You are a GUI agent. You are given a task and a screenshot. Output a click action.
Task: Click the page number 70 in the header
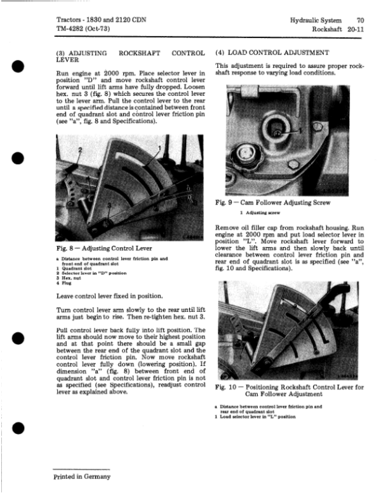[360, 20]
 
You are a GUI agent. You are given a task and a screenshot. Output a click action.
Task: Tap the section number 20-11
[356, 29]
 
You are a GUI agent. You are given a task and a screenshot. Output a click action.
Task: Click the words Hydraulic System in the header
[316, 20]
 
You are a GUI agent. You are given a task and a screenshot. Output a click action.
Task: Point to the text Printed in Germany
[82, 476]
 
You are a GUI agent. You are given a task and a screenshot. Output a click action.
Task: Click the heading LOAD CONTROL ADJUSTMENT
[278, 53]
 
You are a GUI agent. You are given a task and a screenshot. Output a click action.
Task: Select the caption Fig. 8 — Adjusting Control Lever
[104, 248]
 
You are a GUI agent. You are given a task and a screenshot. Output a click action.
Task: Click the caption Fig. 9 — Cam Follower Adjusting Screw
[273, 203]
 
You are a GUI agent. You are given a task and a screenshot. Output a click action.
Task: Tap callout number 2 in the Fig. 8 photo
[80, 150]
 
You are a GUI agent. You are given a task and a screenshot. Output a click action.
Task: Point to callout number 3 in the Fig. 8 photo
[109, 205]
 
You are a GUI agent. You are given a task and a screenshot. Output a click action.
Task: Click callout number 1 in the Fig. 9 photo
[300, 130]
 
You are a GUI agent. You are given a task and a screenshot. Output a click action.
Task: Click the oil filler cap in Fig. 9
[245, 154]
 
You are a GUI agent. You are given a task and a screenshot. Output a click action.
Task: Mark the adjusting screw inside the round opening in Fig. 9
[277, 132]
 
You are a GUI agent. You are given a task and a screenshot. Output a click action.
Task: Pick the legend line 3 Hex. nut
[69, 278]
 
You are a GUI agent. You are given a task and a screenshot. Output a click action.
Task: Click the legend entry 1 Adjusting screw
[260, 213]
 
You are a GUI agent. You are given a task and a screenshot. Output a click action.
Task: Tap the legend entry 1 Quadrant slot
[74, 268]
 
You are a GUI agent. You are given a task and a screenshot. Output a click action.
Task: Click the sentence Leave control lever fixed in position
[110, 296]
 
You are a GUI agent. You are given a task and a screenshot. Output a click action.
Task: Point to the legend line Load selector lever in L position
[255, 417]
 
